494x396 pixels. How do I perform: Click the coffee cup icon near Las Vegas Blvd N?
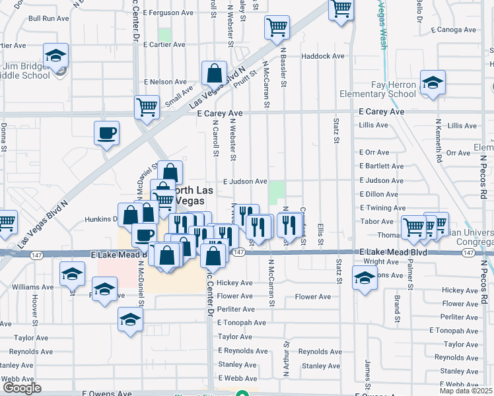tap(106, 134)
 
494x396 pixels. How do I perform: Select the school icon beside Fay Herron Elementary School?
tap(433, 83)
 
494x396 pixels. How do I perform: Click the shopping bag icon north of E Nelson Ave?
tap(214, 73)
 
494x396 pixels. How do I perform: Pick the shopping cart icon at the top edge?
tap(341, 9)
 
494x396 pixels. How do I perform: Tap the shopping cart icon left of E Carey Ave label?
tap(147, 106)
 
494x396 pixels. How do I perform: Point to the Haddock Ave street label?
tap(323, 56)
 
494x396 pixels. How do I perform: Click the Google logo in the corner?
tap(22, 388)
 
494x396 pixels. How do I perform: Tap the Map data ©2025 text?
tap(466, 391)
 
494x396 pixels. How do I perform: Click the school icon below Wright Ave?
tap(364, 278)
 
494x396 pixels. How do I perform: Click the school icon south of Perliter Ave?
tap(130, 321)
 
